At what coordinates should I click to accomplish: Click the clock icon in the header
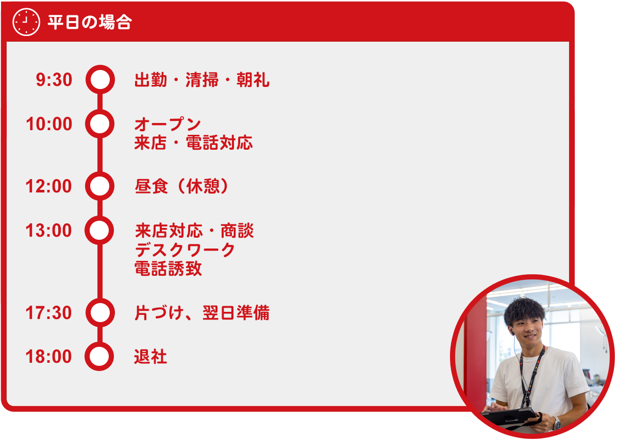click(x=26, y=22)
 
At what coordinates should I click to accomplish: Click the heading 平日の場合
click(x=90, y=22)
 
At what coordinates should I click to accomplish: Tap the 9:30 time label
click(x=54, y=80)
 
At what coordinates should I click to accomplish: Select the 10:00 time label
click(x=49, y=124)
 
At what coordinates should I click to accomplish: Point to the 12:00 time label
click(x=49, y=186)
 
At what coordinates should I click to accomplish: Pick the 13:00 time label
click(x=49, y=231)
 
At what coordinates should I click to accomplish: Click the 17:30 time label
click(x=49, y=313)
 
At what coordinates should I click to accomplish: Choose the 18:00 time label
click(x=49, y=357)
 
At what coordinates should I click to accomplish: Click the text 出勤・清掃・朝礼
click(x=202, y=80)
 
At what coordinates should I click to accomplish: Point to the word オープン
click(x=168, y=125)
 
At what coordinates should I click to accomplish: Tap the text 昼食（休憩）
click(x=181, y=186)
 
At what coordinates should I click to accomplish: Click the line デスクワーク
click(x=185, y=250)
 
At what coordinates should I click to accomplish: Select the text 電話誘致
click(x=169, y=269)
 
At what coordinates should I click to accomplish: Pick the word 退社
click(x=151, y=357)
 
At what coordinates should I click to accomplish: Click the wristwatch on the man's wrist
click(x=556, y=423)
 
